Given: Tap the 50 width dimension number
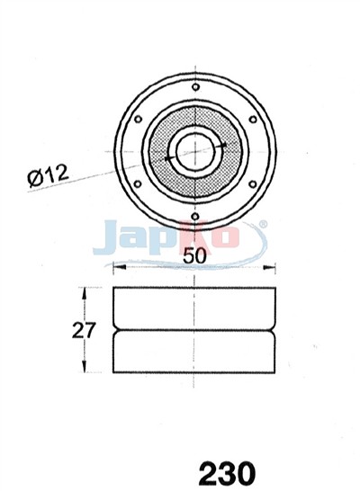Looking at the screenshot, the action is [x=195, y=255].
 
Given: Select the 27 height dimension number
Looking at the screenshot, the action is [x=83, y=330].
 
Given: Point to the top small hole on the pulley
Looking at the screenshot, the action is [x=195, y=87].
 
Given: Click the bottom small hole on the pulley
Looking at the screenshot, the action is [x=195, y=217].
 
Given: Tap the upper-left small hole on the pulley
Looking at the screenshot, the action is [x=138, y=120].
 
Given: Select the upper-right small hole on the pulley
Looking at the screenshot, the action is [x=253, y=120].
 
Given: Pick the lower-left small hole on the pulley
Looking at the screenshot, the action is [x=138, y=184].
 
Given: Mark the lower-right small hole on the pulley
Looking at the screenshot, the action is [x=253, y=184].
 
